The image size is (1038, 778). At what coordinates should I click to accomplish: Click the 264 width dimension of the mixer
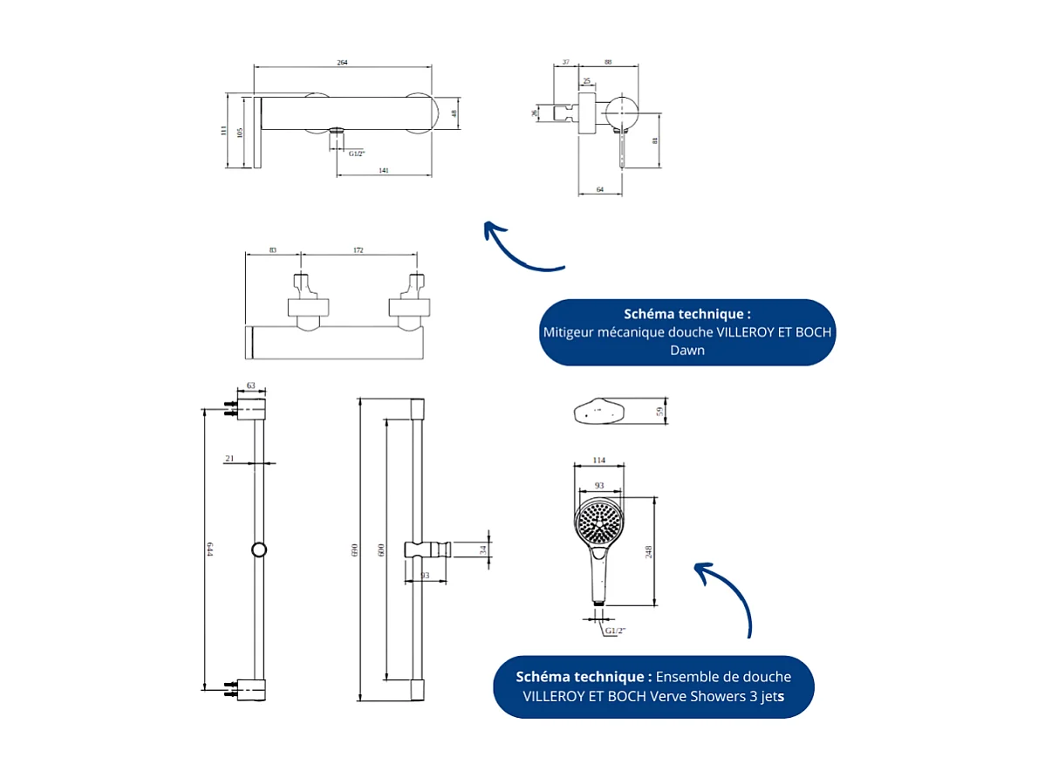[x=343, y=63]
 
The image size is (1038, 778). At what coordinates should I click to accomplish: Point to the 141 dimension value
[x=384, y=170]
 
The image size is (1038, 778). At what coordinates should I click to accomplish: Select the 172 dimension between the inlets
[x=359, y=250]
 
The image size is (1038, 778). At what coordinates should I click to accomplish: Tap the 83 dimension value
[x=273, y=250]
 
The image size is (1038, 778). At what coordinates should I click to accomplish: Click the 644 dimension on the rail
[x=209, y=549]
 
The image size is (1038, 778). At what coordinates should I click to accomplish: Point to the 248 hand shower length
[x=648, y=550]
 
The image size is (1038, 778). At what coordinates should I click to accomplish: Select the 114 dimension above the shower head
[x=598, y=461]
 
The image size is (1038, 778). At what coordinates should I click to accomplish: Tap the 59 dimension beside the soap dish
[x=660, y=410]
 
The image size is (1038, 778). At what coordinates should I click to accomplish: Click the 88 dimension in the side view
[x=608, y=63]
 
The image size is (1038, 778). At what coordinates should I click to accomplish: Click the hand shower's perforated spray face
[x=599, y=521]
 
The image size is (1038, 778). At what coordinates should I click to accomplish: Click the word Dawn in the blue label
[x=686, y=351]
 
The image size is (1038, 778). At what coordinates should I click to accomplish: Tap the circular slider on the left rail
[x=258, y=549]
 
